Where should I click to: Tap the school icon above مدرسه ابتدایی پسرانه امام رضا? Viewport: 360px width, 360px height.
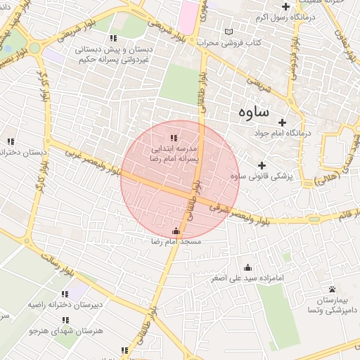(174, 138)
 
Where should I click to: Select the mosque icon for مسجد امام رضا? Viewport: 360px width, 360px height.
(175, 231)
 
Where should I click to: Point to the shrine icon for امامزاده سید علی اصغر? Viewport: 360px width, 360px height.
(247, 267)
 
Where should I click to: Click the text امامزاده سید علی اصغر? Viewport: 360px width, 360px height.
(247, 278)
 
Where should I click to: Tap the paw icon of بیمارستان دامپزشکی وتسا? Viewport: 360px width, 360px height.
(331, 289)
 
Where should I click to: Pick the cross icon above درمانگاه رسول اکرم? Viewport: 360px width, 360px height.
(285, 6)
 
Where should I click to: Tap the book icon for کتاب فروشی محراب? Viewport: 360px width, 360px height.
(228, 32)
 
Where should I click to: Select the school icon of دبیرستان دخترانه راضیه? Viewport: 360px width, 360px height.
(65, 295)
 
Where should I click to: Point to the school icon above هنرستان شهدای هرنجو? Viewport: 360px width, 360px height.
(65, 320)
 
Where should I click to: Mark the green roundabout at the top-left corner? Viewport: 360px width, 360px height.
(34, 48)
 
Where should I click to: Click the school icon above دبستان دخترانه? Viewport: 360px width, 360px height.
(10, 141)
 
